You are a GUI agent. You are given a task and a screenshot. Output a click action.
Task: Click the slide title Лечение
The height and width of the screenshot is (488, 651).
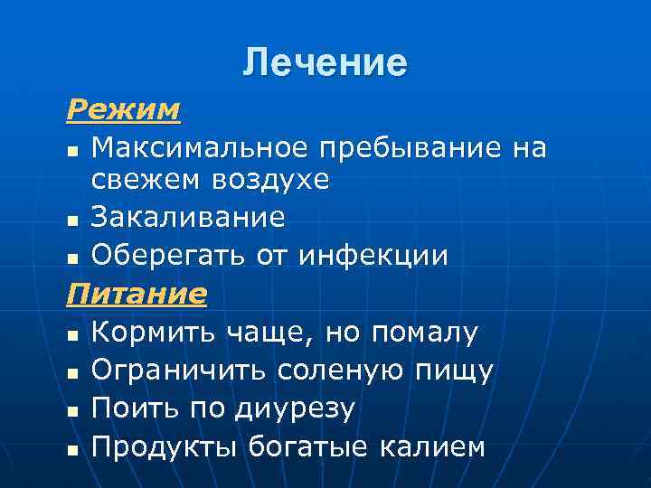coord(325,62)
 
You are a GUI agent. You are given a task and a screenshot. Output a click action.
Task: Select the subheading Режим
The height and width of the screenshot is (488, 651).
coord(123,110)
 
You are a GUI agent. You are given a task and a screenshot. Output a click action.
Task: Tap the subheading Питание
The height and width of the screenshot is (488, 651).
coord(136,294)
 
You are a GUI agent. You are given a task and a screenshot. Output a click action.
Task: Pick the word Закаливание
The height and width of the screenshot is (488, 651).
coord(188,218)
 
